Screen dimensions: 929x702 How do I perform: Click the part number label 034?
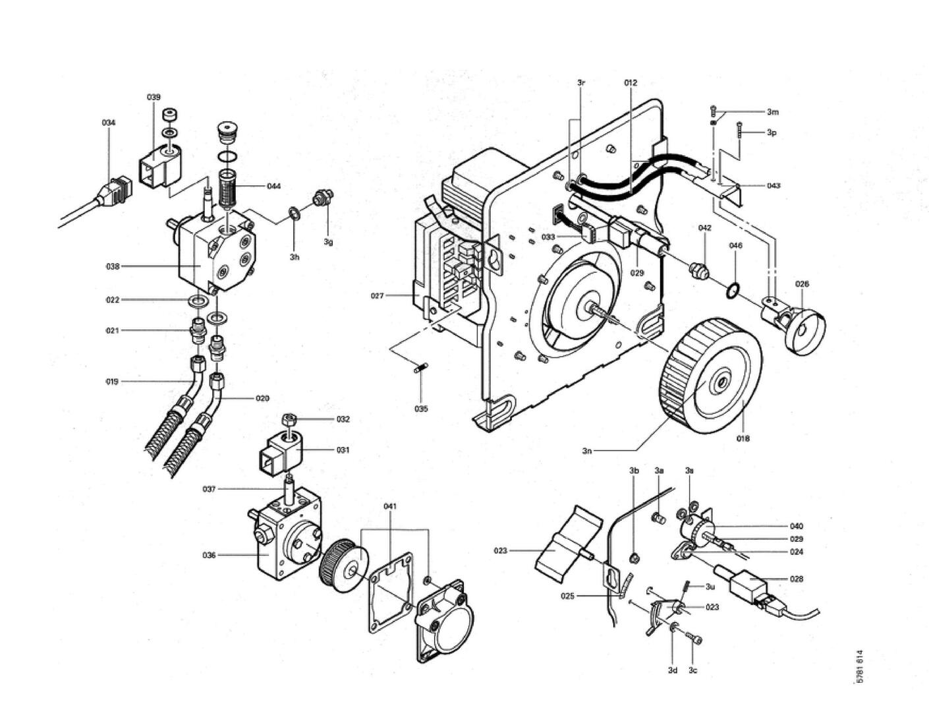(x=108, y=123)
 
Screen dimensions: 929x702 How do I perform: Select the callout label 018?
(x=743, y=438)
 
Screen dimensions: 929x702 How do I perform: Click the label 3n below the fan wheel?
(x=586, y=450)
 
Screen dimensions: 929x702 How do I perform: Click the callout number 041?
(x=390, y=506)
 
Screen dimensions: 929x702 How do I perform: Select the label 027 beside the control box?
(x=377, y=295)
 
